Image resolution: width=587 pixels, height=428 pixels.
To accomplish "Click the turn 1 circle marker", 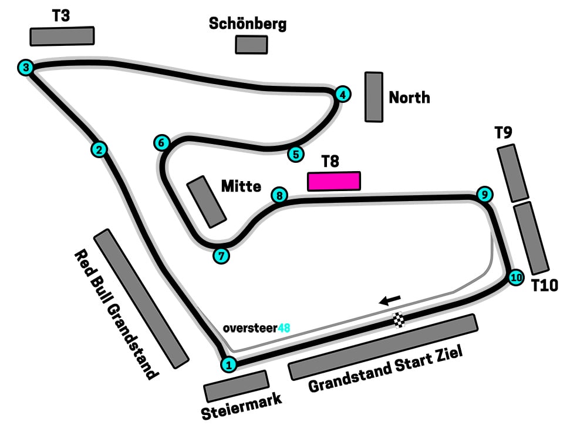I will click(x=229, y=365).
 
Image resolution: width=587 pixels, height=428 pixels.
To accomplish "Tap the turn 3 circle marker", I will click(x=25, y=68).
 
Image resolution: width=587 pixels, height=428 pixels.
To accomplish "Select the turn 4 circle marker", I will click(x=343, y=94).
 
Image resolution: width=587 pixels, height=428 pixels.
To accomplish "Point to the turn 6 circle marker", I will click(x=162, y=142).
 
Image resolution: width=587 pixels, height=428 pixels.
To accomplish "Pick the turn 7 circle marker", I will click(x=221, y=256).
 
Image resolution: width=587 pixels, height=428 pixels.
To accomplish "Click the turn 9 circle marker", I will click(x=483, y=195).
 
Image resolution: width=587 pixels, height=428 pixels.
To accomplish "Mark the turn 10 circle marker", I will click(x=515, y=277).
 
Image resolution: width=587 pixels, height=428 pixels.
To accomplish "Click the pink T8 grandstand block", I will click(x=333, y=181).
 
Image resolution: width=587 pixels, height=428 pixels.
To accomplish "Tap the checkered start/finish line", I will click(x=399, y=320).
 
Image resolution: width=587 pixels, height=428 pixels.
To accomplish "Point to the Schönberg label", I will click(x=248, y=24).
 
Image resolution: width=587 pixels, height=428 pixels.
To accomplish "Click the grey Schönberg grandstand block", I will click(x=251, y=45).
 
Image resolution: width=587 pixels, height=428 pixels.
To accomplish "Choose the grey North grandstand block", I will click(x=374, y=97).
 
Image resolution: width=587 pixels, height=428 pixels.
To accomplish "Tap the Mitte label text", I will click(x=241, y=186).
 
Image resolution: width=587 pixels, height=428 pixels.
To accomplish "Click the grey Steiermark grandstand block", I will click(x=236, y=386).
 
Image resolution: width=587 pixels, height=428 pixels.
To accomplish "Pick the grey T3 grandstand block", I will click(x=62, y=36).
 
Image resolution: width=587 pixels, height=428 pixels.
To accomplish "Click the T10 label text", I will click(x=544, y=286).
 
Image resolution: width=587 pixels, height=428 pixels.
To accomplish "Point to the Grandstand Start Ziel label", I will click(x=386, y=369).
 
